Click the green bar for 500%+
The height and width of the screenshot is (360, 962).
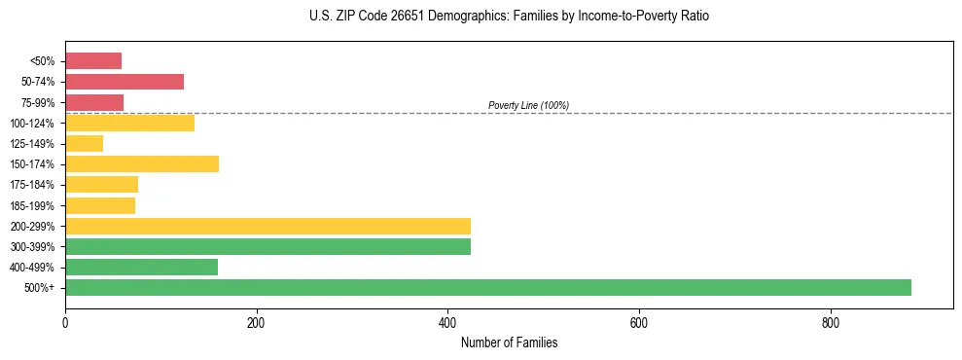point(487,287)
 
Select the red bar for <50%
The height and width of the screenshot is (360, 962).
point(93,61)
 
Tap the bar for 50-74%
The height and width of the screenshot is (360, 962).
point(125,82)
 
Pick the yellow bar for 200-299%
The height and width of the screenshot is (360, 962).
point(267,226)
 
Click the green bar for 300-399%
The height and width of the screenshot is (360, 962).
point(267,246)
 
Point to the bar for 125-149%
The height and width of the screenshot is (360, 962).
point(84,144)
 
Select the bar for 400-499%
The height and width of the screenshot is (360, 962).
point(141,267)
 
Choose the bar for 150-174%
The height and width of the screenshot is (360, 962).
point(142,164)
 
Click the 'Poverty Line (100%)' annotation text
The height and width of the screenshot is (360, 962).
point(528,105)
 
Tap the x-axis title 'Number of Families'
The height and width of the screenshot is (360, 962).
point(509,342)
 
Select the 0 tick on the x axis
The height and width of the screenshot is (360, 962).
point(65,323)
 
